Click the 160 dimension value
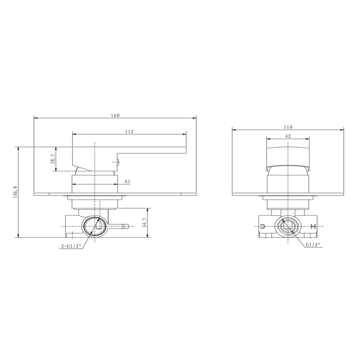pos(115,115)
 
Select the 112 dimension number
pos(129,131)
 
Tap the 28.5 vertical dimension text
pos(53,159)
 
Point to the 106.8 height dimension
pos(15,192)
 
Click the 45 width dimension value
pos(127,181)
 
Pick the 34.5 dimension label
pos(144,222)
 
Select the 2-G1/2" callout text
pos(71,246)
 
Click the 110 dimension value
pos(288,127)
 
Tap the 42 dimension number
pos(288,136)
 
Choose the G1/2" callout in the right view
pos(313,245)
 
